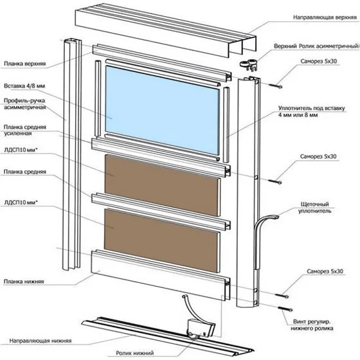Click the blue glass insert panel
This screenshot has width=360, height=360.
click(x=162, y=110)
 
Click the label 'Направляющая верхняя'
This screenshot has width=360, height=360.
click(x=325, y=17)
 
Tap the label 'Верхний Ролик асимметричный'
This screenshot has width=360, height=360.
click(x=316, y=46)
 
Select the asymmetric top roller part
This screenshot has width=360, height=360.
click(x=248, y=64)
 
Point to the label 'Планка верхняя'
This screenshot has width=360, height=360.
click(x=25, y=64)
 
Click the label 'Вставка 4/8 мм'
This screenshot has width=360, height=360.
click(x=24, y=86)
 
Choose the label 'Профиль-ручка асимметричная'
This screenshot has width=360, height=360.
click(x=25, y=104)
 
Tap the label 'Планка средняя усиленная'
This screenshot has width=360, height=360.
click(x=25, y=130)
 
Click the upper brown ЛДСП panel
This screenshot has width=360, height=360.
click(x=162, y=186)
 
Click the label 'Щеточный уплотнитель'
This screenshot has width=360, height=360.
click(x=314, y=208)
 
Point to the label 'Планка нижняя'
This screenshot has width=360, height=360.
click(x=24, y=282)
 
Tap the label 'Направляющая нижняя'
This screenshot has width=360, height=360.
click(x=40, y=341)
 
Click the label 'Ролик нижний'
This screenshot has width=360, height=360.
click(x=135, y=353)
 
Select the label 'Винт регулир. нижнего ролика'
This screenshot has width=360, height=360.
click(x=312, y=325)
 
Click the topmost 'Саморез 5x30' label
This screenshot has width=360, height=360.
click(x=319, y=61)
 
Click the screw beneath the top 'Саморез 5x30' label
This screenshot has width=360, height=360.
click(x=275, y=86)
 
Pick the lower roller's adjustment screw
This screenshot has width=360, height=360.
click(x=285, y=309)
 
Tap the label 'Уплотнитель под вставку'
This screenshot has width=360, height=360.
click(x=312, y=108)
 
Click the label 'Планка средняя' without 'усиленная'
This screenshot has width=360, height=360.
click(x=25, y=172)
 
